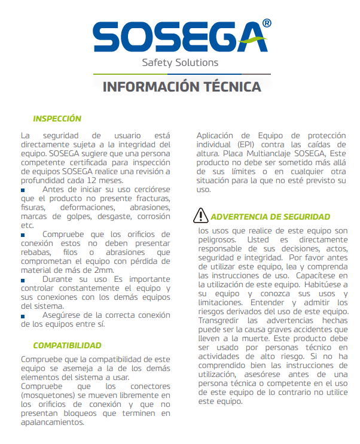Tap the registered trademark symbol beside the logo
tap(267, 24)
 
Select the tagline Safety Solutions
tap(180, 62)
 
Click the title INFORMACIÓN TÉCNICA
tap(182, 87)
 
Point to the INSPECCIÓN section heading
tap(57, 118)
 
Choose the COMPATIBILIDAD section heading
tap(67, 345)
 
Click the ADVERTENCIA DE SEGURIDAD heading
tap(270, 216)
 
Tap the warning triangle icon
tap(202, 215)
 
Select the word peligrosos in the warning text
tap(218, 239)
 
